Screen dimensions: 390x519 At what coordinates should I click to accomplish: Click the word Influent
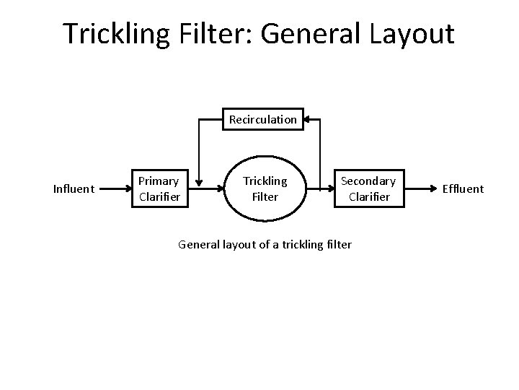pos(74,189)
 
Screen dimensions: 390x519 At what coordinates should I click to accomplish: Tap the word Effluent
pos(462,189)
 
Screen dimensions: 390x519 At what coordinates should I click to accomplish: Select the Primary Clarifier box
pos(159,188)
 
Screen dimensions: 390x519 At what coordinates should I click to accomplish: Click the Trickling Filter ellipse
pos(265,188)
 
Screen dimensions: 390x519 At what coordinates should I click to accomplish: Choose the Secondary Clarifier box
pos(368,188)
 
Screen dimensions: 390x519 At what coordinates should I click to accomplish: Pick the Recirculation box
pos(262,119)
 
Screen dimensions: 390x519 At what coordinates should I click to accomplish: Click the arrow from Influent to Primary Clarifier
pos(113,189)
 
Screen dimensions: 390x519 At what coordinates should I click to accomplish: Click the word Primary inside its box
pos(159,181)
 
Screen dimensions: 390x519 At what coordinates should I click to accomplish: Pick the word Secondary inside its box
pos(368,181)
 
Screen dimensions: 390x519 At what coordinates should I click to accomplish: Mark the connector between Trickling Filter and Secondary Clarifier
pos(319,189)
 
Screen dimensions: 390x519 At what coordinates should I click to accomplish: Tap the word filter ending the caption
pos(339,245)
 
